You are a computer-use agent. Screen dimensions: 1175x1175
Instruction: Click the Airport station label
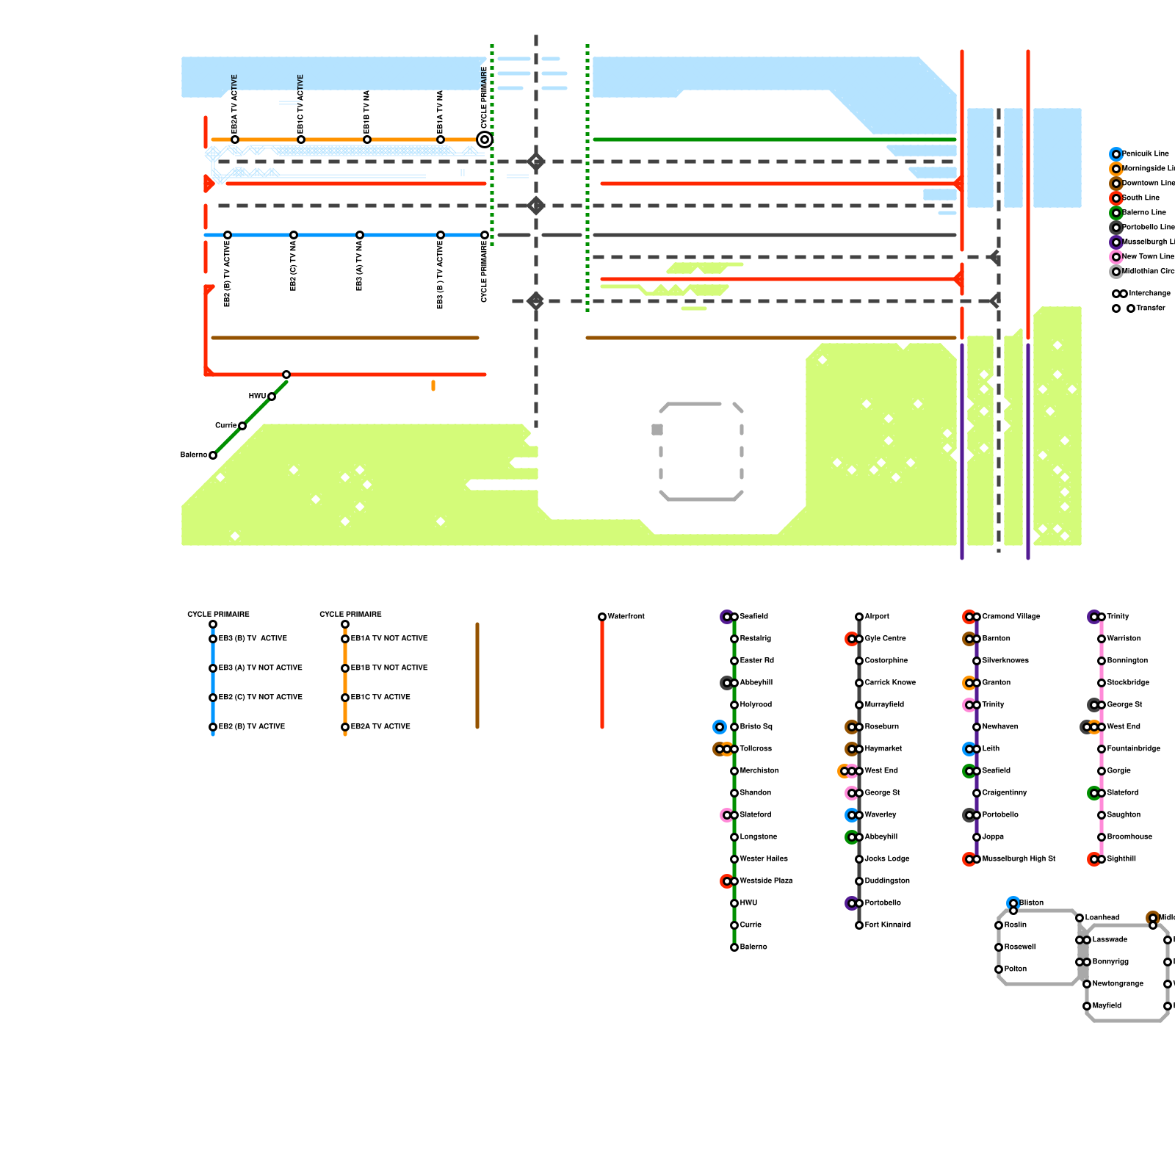(x=877, y=617)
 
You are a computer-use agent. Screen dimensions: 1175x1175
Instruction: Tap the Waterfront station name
(x=626, y=617)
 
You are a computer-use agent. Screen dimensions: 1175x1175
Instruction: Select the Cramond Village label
(x=1010, y=617)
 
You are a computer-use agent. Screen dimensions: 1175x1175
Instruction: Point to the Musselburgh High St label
(x=1019, y=859)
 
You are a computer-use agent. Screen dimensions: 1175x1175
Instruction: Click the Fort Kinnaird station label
(x=887, y=925)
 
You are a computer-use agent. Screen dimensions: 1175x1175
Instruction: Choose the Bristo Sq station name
(x=756, y=727)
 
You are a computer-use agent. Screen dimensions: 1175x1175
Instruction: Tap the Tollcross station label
(x=756, y=749)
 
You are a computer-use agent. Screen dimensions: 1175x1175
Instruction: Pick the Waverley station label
(x=881, y=815)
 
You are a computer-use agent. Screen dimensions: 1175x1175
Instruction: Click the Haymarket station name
(x=883, y=749)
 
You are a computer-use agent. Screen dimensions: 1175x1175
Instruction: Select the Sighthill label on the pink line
(x=1121, y=859)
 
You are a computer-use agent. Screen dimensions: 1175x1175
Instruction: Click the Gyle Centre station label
(x=885, y=639)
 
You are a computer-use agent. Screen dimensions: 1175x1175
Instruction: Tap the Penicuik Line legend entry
(x=1145, y=154)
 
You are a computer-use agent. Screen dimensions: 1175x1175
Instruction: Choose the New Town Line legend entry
(x=1148, y=257)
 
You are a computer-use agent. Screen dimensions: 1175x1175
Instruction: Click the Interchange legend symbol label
(x=1149, y=294)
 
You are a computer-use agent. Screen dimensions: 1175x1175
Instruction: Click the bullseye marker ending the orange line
(x=485, y=140)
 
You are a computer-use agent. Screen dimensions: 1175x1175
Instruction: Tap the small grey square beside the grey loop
(x=657, y=430)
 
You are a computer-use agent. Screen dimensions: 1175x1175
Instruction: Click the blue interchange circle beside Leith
(x=969, y=749)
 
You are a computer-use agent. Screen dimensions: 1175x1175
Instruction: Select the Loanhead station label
(x=1102, y=918)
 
